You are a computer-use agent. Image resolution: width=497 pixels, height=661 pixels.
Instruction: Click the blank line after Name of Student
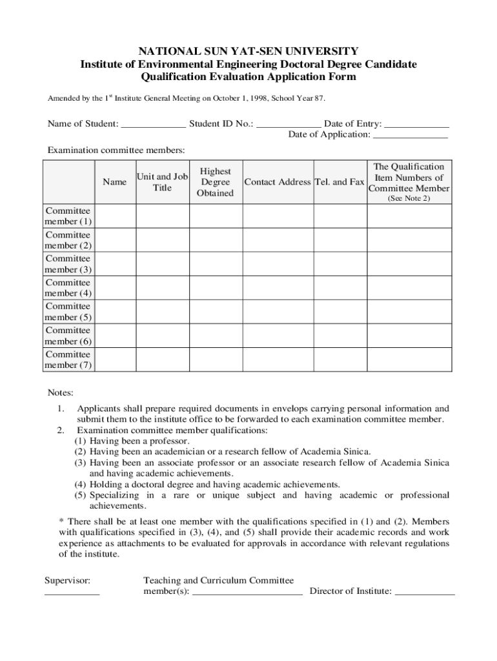coord(153,125)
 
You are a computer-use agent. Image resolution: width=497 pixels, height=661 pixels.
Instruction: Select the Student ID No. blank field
coord(289,125)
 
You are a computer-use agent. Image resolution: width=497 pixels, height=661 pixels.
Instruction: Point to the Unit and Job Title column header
coord(162,182)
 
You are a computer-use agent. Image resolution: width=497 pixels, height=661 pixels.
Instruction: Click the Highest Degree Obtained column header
coord(215,182)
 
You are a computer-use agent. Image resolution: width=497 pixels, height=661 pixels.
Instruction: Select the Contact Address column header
coord(278,182)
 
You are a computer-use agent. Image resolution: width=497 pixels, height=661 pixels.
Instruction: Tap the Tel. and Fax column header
coord(340,182)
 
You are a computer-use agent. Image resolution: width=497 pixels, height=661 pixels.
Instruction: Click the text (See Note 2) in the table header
coord(409,199)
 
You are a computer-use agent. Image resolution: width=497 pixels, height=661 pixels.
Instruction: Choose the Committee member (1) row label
coord(68,216)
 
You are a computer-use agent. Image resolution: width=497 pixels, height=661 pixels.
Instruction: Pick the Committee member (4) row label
coord(68,288)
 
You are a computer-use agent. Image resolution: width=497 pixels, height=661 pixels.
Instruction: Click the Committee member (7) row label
coord(68,360)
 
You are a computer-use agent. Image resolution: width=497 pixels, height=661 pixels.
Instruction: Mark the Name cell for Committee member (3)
coord(115,264)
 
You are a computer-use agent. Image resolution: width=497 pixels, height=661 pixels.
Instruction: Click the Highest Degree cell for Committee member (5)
coord(215,312)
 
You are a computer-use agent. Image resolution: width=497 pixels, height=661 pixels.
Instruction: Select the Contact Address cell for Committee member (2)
coord(278,240)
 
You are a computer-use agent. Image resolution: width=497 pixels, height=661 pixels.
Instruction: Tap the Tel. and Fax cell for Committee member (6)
coord(340,336)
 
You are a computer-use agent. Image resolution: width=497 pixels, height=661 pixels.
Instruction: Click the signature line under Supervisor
coord(72,592)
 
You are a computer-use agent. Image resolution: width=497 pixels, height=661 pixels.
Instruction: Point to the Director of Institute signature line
coord(424,592)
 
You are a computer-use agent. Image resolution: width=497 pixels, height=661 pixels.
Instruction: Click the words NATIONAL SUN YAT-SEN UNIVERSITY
coord(249,51)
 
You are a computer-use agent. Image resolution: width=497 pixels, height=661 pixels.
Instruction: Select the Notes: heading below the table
coord(61,393)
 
